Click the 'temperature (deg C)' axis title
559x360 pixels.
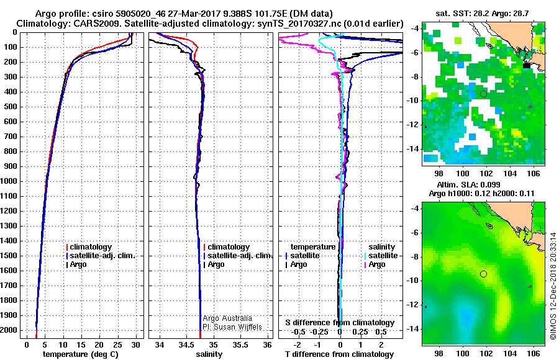[81, 354]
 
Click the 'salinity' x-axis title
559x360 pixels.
[209, 354]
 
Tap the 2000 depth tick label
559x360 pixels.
[11, 330]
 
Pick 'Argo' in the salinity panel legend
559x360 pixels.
[216, 264]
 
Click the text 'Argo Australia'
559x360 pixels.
[227, 318]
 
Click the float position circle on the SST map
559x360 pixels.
[483, 94]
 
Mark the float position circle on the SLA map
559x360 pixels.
[483, 274]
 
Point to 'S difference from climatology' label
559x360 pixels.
[340, 323]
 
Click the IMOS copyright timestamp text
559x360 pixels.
[553, 274]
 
